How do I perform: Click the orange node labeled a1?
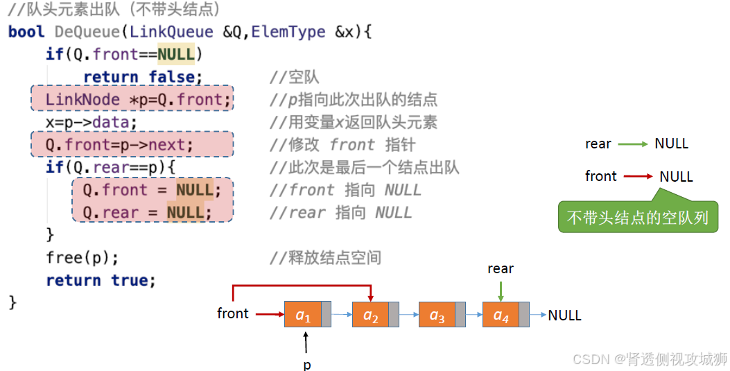click(x=303, y=315)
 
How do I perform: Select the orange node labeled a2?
click(x=370, y=315)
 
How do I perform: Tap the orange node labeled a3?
click(x=437, y=315)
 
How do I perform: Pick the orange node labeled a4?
click(x=501, y=315)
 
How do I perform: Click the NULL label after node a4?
click(x=564, y=316)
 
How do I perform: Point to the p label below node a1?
click(x=306, y=363)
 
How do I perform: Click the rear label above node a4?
click(x=501, y=268)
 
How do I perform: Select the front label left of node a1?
click(x=233, y=313)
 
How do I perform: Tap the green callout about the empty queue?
click(x=638, y=217)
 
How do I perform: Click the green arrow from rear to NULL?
click(x=633, y=144)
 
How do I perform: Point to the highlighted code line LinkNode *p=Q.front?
click(x=132, y=100)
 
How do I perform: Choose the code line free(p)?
click(x=82, y=257)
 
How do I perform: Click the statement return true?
click(x=101, y=280)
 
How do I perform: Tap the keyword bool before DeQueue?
click(x=26, y=32)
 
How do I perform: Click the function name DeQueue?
click(x=88, y=32)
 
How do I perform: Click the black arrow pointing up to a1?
click(x=306, y=343)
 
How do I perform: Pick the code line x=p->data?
click(x=92, y=123)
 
